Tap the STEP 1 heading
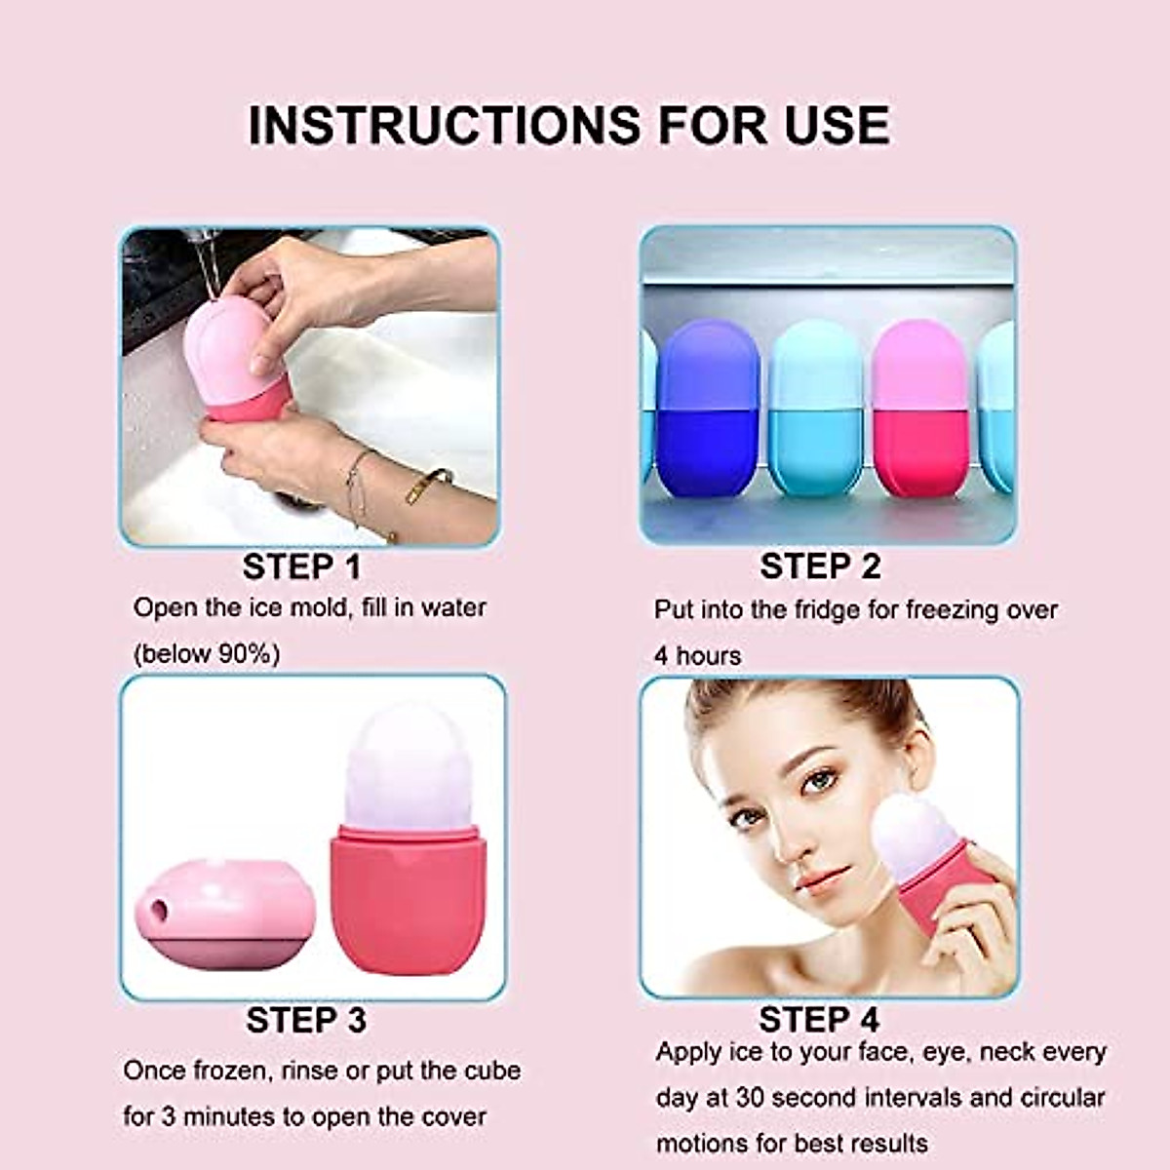click(301, 566)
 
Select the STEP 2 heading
click(820, 566)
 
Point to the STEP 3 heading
click(305, 1020)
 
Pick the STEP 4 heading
click(819, 1020)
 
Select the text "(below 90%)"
click(207, 653)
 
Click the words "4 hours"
click(697, 656)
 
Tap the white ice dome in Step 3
click(403, 765)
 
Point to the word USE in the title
click(837, 125)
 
